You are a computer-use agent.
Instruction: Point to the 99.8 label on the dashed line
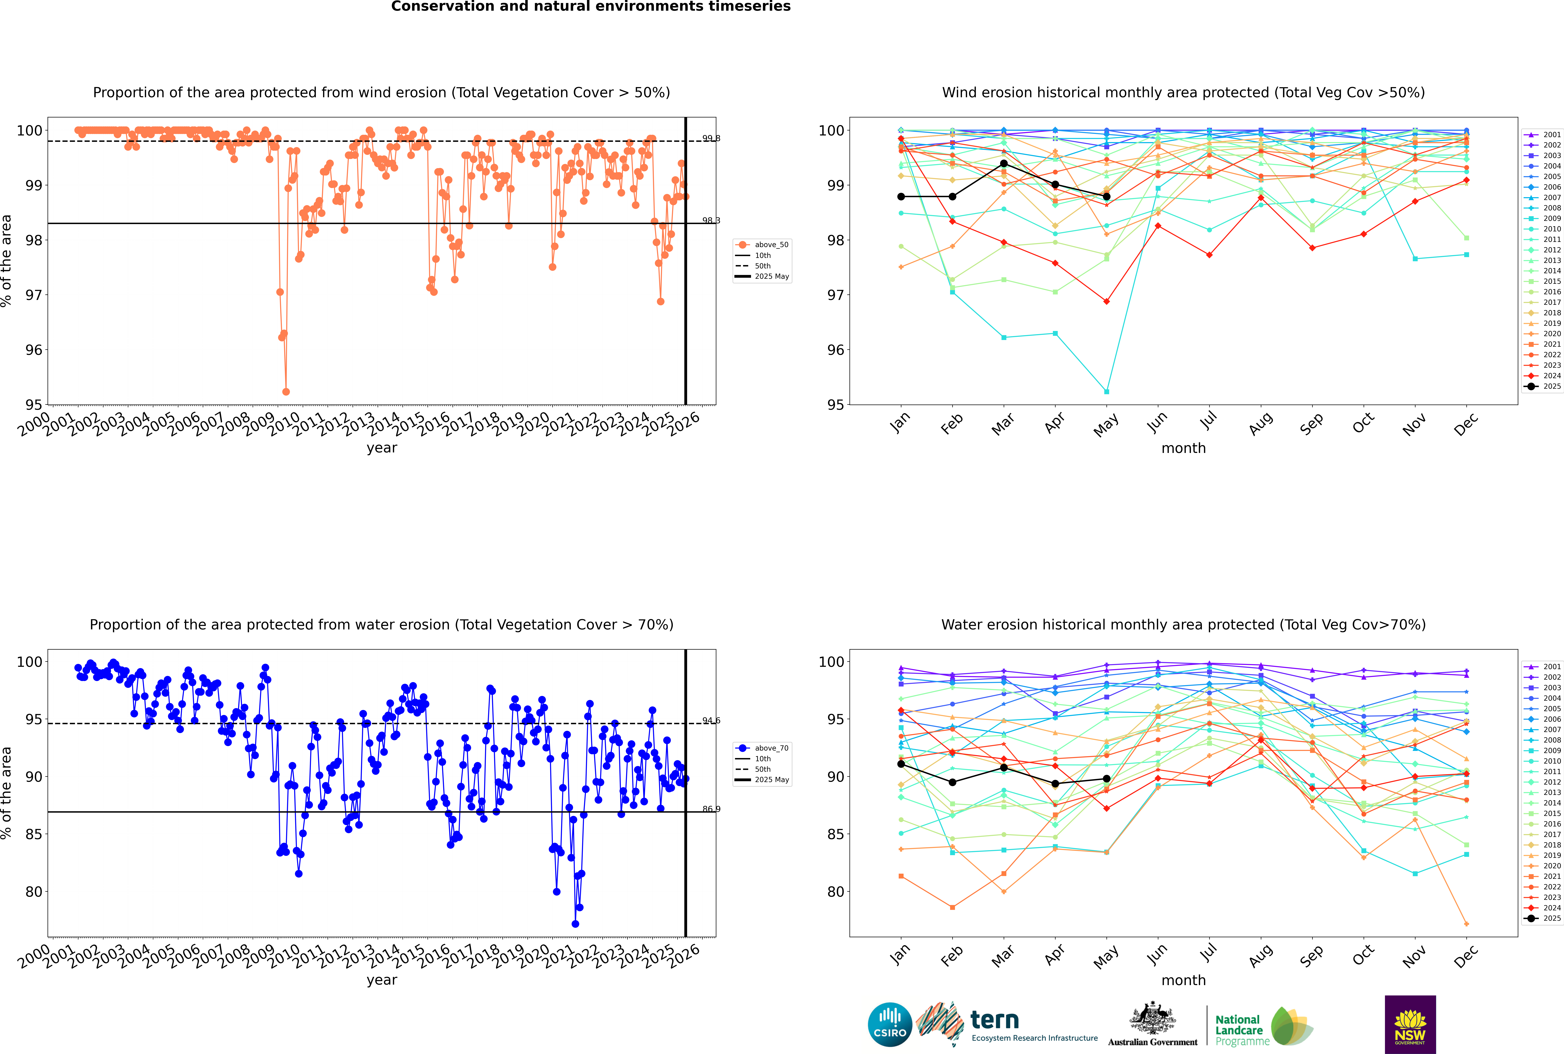tap(711, 138)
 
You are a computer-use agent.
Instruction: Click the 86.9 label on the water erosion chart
tap(711, 809)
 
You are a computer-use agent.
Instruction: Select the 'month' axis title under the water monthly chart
tap(1183, 980)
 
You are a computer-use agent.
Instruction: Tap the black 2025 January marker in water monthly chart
tap(901, 764)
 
